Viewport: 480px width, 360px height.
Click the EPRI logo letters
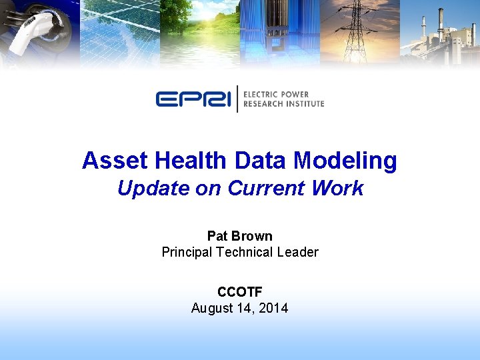pyautogui.click(x=194, y=99)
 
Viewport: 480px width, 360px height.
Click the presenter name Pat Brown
pyautogui.click(x=240, y=236)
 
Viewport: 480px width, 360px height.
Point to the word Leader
pyautogui.click(x=298, y=252)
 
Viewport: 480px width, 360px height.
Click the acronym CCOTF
pyautogui.click(x=240, y=292)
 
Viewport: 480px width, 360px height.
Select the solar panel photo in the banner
pyautogui.click(x=120, y=30)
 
